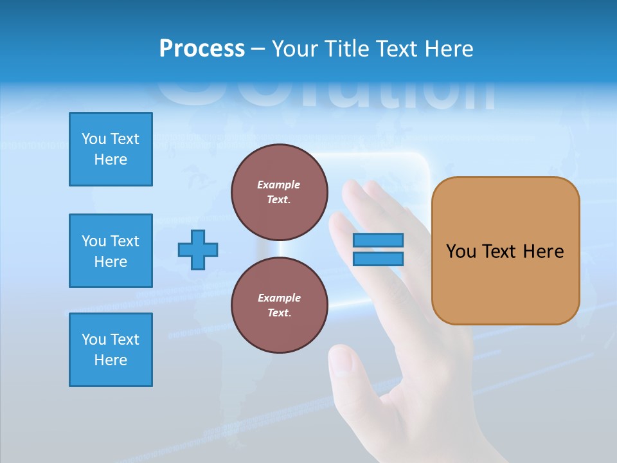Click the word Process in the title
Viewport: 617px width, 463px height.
[202, 49]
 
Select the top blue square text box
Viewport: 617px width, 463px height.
[111, 149]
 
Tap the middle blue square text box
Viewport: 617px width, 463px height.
[111, 251]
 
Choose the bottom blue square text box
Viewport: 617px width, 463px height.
[111, 350]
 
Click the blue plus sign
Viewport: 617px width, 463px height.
[198, 250]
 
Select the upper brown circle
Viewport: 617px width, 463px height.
[279, 192]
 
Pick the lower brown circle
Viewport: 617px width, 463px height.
[279, 305]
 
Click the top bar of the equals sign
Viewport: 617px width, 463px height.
[378, 241]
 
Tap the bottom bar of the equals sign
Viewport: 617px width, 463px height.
[378, 259]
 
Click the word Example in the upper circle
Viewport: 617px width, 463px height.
[279, 185]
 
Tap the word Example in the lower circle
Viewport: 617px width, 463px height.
[279, 298]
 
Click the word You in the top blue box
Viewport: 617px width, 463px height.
[94, 139]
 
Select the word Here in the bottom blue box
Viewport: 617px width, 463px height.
[111, 360]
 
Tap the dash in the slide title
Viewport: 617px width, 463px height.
[258, 49]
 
